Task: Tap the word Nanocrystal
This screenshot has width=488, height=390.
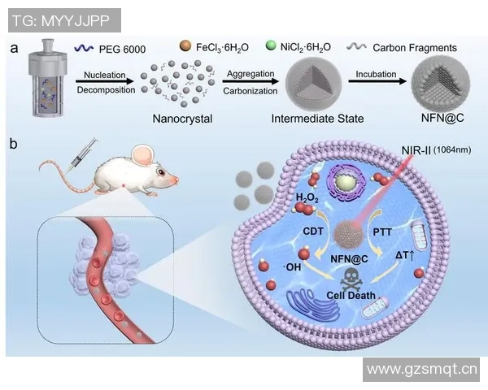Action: coord(182,119)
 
